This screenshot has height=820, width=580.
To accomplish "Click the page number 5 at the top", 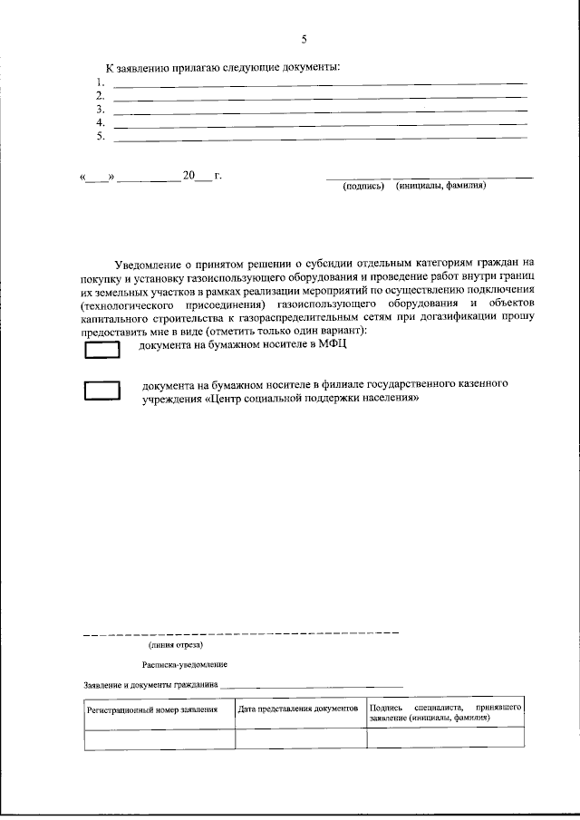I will click(x=304, y=38).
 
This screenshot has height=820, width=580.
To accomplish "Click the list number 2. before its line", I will click(x=101, y=95).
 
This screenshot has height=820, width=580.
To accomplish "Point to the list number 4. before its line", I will click(x=101, y=122).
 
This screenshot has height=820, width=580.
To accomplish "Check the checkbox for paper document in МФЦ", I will click(x=101, y=350).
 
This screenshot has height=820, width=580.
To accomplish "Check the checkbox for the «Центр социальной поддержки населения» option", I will click(x=101, y=391).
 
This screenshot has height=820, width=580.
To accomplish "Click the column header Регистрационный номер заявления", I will click(x=152, y=710).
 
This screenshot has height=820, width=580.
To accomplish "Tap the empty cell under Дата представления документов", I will click(x=301, y=738).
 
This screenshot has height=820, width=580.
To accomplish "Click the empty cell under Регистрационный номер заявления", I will click(x=159, y=738).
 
